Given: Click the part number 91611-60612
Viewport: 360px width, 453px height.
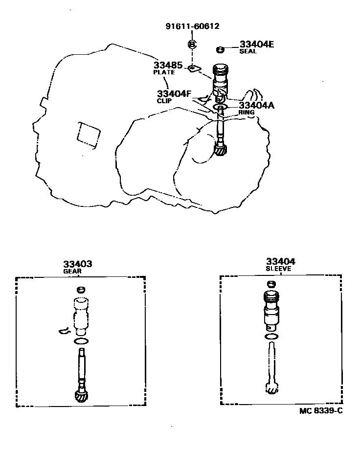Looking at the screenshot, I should (192, 27).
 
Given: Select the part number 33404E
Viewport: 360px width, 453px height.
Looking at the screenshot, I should (257, 44).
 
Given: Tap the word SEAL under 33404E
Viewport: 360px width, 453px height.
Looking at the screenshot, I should (248, 51).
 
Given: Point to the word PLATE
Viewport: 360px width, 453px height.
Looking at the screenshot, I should (164, 72).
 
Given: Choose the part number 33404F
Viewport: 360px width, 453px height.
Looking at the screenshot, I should (174, 93).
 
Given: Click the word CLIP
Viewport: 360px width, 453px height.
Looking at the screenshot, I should (165, 101).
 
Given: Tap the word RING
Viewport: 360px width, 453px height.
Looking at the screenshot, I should (247, 113).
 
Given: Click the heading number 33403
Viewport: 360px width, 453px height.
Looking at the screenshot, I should (77, 264).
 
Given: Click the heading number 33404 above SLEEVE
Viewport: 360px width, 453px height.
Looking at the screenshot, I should (281, 262).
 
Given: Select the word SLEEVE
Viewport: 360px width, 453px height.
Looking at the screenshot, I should (278, 269).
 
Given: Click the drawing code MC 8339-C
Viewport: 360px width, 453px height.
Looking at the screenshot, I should (321, 411).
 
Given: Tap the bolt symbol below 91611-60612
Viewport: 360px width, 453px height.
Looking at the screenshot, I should (192, 45).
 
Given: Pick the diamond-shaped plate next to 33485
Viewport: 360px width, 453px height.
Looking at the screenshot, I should (194, 68).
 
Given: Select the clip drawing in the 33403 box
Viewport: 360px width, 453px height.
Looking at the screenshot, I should (64, 332).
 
